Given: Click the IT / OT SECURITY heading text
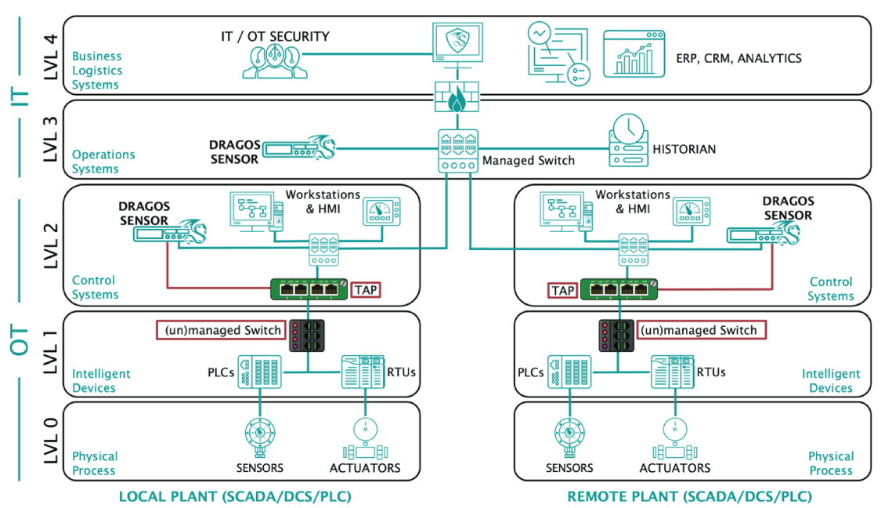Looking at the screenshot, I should (276, 36).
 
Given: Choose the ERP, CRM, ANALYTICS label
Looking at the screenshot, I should (738, 58).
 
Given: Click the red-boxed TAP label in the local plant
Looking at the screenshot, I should (366, 289).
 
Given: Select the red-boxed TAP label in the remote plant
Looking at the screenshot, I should (562, 291).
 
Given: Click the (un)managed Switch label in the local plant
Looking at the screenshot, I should (222, 330).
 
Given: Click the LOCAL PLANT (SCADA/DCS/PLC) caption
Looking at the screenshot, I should (235, 496).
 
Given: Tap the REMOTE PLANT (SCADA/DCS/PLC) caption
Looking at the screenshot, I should (689, 496).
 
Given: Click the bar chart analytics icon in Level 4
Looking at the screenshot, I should (634, 53).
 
